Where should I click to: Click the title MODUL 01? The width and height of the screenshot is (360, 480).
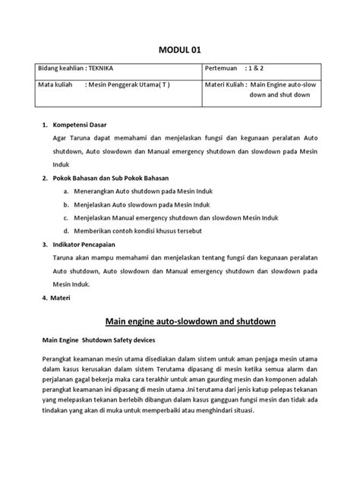(x=180, y=50)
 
